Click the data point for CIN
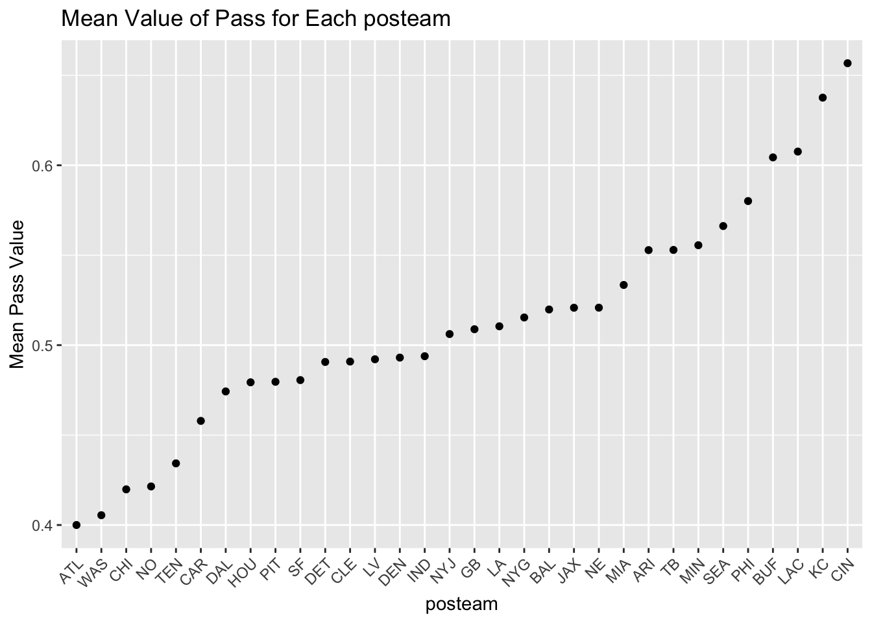pyautogui.click(x=847, y=63)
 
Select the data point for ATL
pyautogui.click(x=77, y=525)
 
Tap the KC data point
pyautogui.click(x=823, y=97)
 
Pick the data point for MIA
pyautogui.click(x=624, y=285)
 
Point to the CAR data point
pyautogui.click(x=201, y=421)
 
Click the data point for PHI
pyautogui.click(x=748, y=201)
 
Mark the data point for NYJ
pyautogui.click(x=450, y=334)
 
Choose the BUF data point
pyautogui.click(x=773, y=157)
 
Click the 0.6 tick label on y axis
pyautogui.click(x=42, y=165)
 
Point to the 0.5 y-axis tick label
pyautogui.click(x=42, y=345)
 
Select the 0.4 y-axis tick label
pyautogui.click(x=42, y=525)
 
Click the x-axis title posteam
pyautogui.click(x=461, y=604)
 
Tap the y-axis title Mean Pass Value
pyautogui.click(x=18, y=294)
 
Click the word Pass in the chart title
pyautogui.click(x=235, y=19)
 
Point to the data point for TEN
pyautogui.click(x=176, y=463)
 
